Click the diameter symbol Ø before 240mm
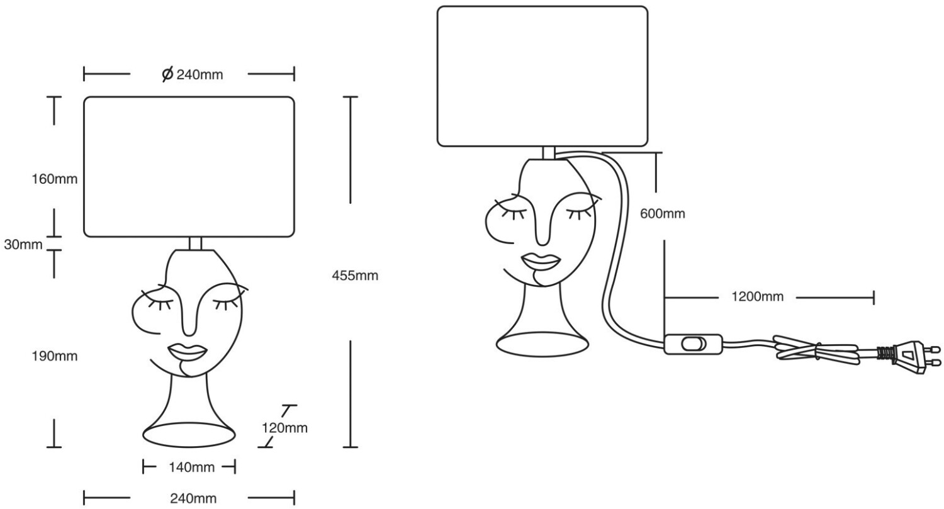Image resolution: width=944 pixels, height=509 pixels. coord(167,75)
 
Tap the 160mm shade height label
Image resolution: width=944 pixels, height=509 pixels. coord(54,179)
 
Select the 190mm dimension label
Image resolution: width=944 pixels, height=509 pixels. coord(54,356)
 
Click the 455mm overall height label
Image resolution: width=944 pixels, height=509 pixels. coord(355,276)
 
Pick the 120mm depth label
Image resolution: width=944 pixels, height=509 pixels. coord(284,428)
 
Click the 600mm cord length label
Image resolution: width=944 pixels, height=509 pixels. coord(662,214)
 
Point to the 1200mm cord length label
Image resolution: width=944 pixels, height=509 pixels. coord(757,297)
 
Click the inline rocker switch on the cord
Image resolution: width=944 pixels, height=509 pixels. coord(694,344)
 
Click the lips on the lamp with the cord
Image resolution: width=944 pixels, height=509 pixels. coord(541,260)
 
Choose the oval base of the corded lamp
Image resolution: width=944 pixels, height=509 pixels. coord(542,344)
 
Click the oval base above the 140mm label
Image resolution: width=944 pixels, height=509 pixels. coord(189,434)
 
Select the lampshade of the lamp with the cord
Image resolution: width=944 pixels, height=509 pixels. coord(542,76)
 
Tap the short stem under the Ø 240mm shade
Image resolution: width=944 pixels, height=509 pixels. coord(195,243)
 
